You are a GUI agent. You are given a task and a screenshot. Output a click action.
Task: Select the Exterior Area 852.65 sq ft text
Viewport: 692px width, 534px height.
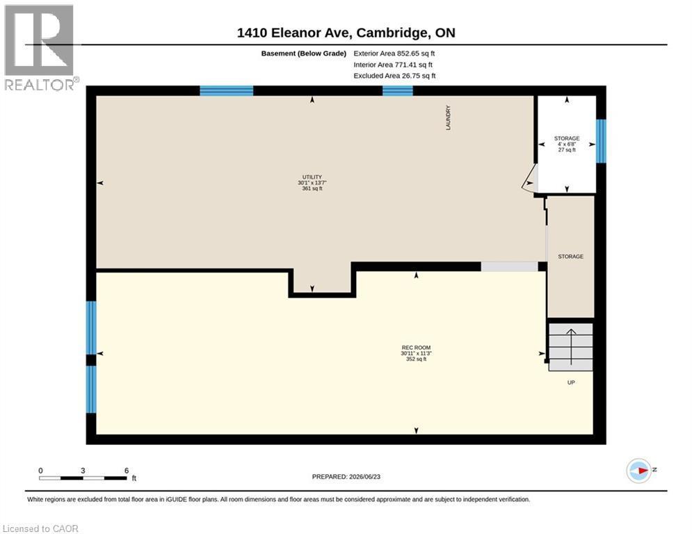click(394, 54)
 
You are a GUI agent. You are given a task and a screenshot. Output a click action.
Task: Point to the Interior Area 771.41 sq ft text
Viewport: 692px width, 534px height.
click(393, 65)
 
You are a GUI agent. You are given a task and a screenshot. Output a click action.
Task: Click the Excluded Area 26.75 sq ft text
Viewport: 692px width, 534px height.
click(394, 76)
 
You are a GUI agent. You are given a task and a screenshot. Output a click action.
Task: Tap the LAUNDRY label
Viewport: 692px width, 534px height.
click(449, 118)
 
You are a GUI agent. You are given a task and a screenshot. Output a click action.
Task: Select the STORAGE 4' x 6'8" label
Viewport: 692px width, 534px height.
click(567, 144)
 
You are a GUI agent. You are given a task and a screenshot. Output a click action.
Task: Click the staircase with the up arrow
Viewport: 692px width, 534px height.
click(570, 347)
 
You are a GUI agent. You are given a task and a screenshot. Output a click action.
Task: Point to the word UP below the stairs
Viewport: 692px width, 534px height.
click(571, 382)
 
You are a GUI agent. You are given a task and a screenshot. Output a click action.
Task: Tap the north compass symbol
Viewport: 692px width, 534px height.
click(639, 471)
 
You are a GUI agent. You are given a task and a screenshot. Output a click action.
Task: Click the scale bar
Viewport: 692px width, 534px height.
click(83, 478)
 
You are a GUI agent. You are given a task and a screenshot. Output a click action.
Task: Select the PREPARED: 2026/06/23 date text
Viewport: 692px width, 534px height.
click(346, 476)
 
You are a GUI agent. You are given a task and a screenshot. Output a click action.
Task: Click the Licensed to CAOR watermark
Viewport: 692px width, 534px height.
click(40, 528)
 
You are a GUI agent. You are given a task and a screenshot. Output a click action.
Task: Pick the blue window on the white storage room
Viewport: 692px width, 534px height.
click(601, 141)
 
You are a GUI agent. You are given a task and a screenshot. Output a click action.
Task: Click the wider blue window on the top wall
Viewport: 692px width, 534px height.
click(227, 90)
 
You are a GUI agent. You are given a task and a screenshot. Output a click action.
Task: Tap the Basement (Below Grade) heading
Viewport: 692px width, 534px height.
click(304, 54)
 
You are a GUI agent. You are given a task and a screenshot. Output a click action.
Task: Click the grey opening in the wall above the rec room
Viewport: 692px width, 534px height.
click(509, 266)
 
